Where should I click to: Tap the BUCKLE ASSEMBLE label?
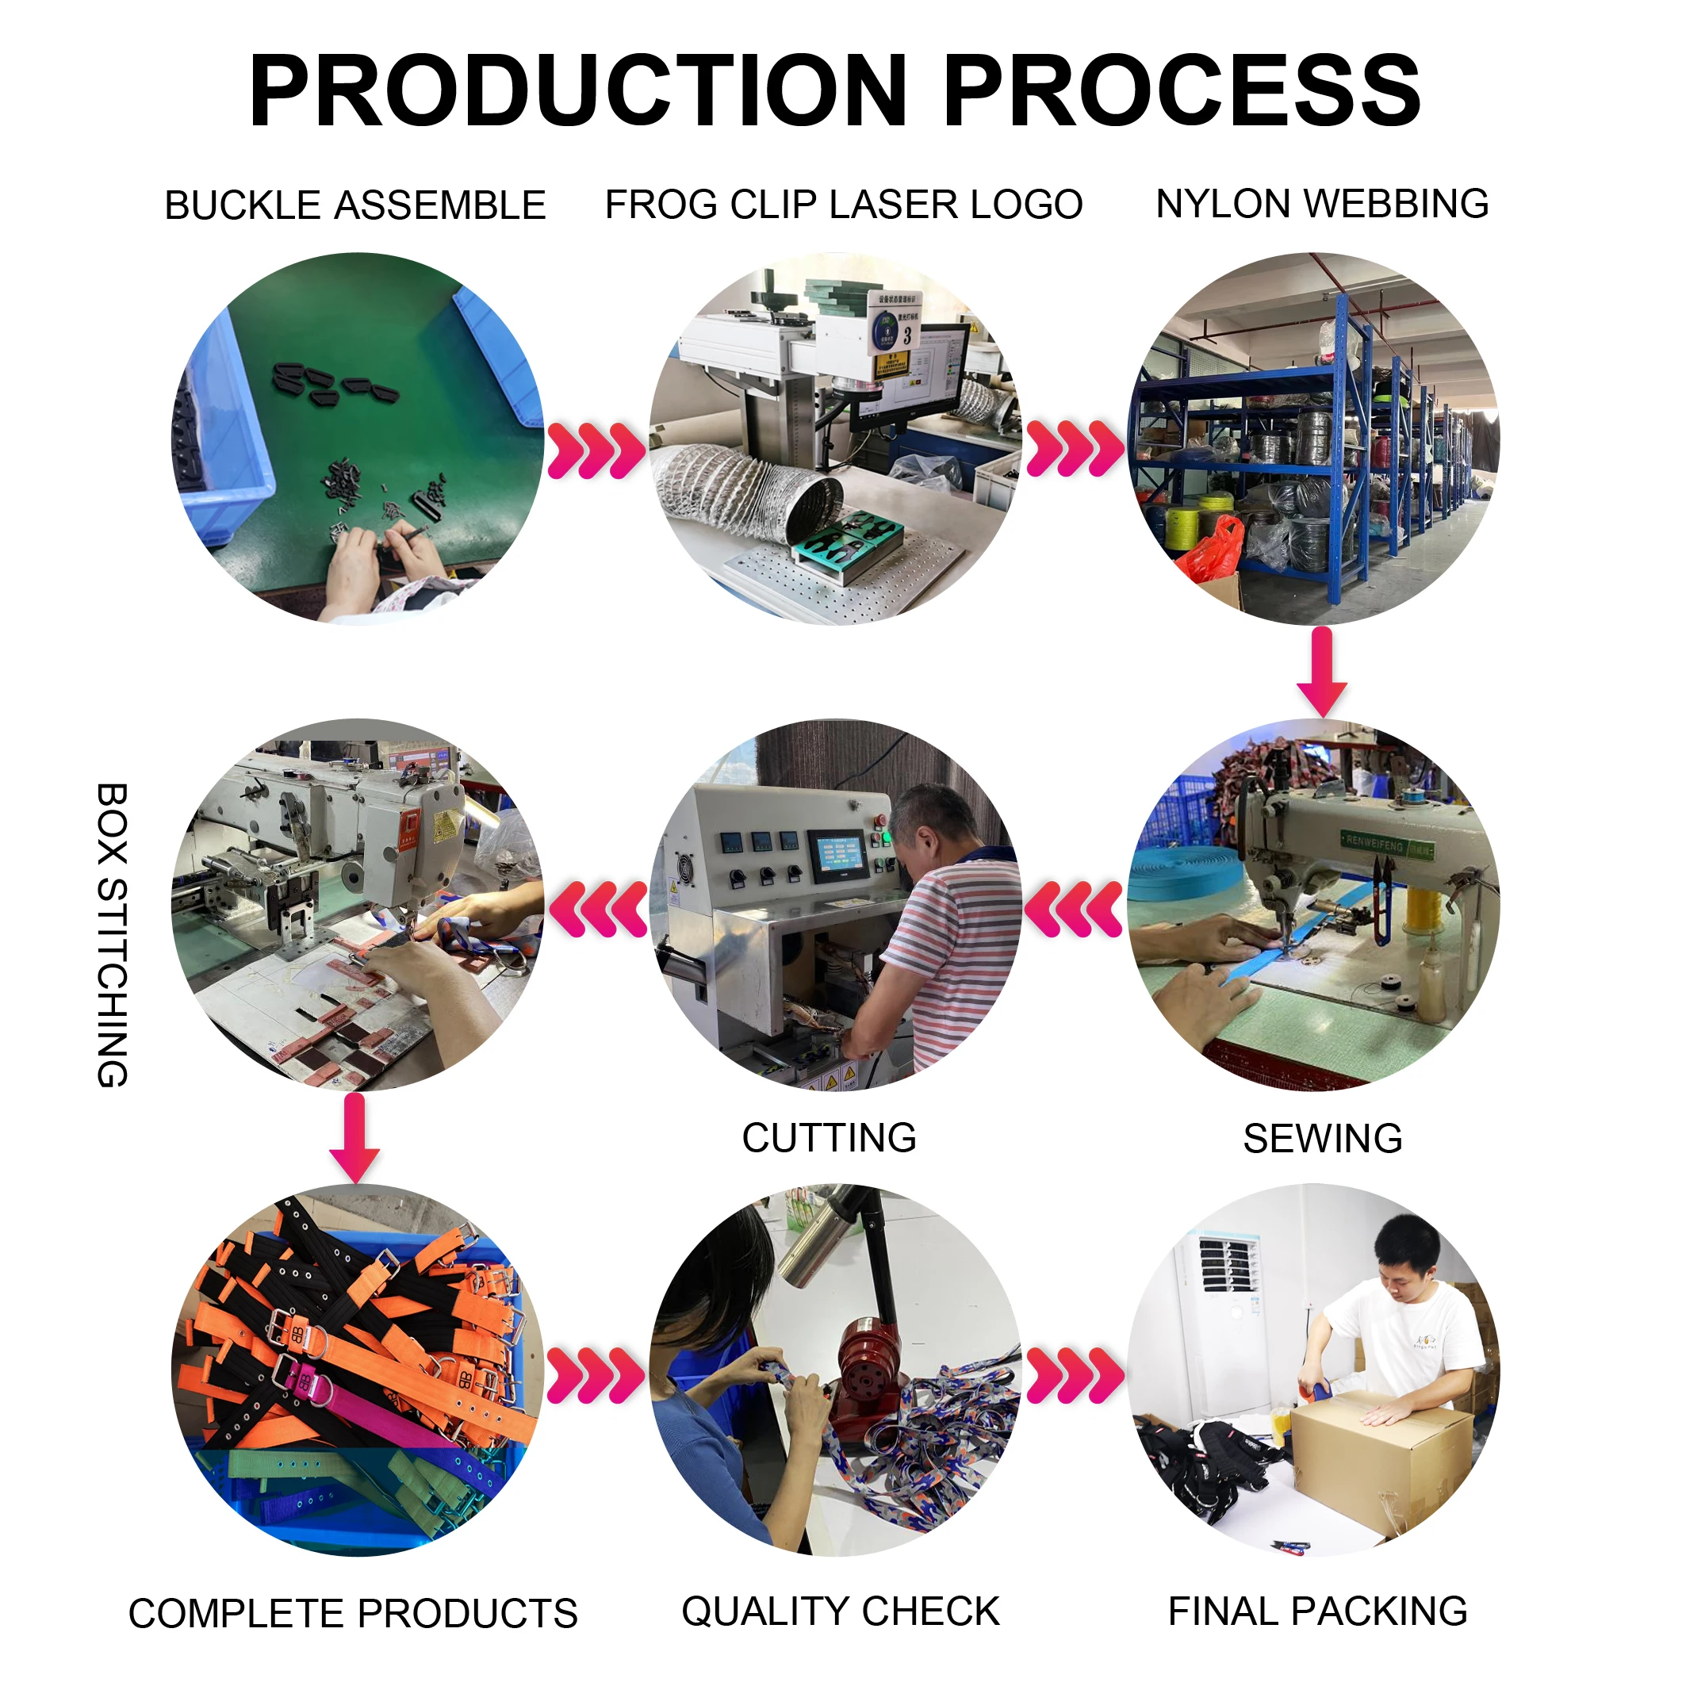coord(355,206)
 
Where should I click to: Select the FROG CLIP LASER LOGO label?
coord(843,205)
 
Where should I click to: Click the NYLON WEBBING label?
coord(1321,204)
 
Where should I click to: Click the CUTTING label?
coord(829,1138)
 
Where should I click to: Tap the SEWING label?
coord(1322,1139)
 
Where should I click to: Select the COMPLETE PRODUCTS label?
coord(353,1614)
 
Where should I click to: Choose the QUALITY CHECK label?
coord(841,1611)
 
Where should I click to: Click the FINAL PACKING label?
coord(1317,1611)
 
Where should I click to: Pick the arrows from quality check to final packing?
coord(1075,1376)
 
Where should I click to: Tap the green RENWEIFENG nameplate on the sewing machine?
coord(1388,845)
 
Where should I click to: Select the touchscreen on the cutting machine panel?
coord(837,855)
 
